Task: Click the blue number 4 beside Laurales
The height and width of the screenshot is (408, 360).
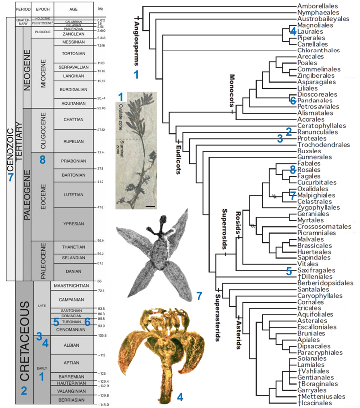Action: [293, 31]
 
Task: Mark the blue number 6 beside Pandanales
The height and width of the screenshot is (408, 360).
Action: [293, 100]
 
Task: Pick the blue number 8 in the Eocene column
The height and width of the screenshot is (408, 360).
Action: [42, 160]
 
